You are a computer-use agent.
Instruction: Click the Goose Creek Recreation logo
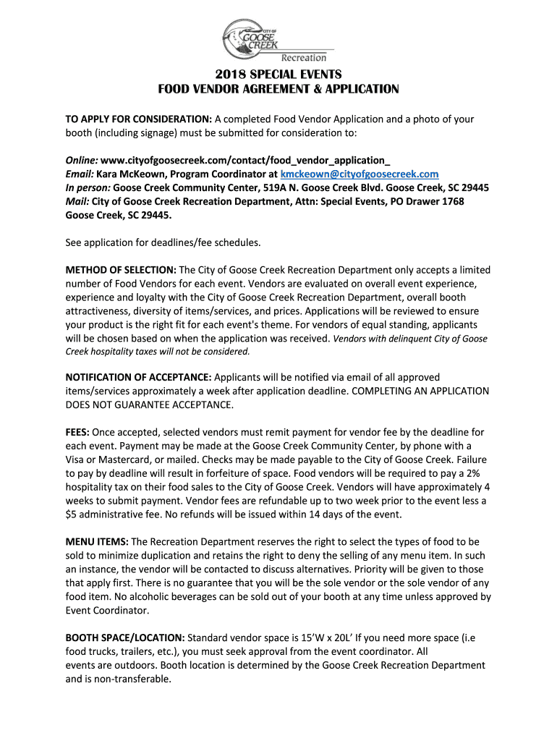(x=277, y=40)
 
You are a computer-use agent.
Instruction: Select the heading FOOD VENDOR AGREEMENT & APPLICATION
(x=278, y=90)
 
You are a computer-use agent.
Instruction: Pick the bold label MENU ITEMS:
(x=97, y=541)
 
